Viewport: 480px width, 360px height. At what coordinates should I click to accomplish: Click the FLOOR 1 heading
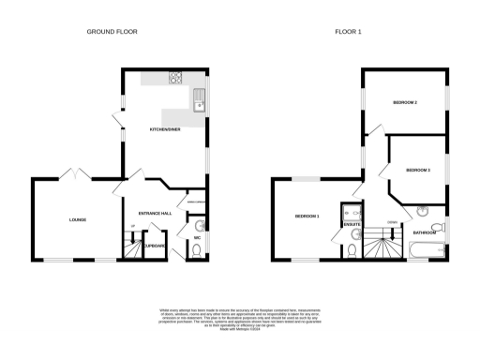(x=347, y=31)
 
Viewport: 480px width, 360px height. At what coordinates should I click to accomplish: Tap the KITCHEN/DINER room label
(x=165, y=129)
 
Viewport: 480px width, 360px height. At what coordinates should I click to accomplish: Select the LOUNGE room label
(x=77, y=220)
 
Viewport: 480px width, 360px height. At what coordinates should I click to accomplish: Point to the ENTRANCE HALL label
(x=155, y=214)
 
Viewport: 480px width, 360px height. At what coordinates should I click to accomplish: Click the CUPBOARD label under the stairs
(x=155, y=246)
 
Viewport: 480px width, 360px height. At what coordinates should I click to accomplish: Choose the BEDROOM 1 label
(x=307, y=217)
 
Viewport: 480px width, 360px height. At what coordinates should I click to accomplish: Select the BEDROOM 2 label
(x=405, y=101)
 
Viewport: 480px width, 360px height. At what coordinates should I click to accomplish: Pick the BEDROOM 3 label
(x=418, y=170)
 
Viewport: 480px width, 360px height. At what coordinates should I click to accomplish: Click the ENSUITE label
(x=353, y=225)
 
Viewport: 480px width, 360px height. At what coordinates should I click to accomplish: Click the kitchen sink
(x=199, y=99)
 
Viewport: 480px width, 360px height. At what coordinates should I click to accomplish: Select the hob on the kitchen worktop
(x=174, y=78)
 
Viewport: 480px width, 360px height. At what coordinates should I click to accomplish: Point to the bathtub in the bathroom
(x=427, y=249)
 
